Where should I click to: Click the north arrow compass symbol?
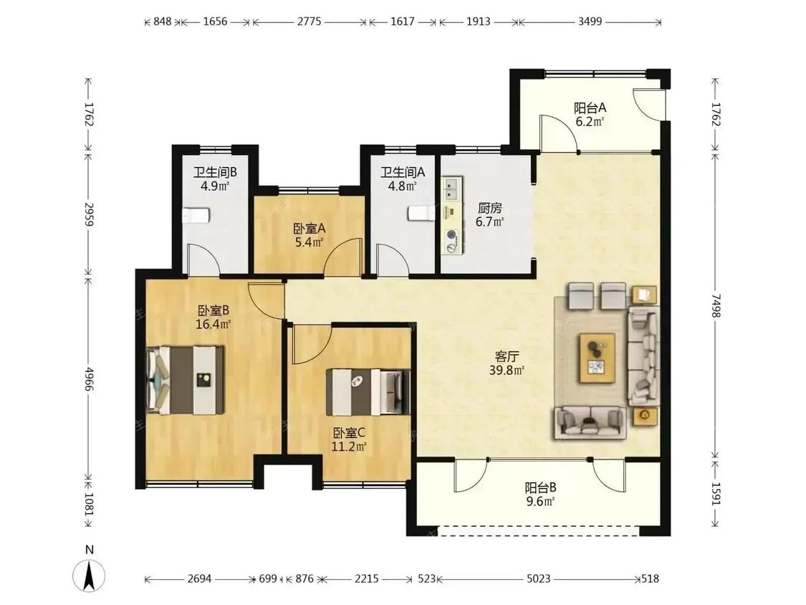point(89,573)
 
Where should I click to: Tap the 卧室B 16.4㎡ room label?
point(213,317)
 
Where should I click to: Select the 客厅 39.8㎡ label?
point(507,363)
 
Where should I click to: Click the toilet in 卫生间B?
point(196,216)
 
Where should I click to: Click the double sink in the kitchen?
point(452,189)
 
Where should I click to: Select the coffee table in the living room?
point(598,358)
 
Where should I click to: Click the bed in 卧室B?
point(186,380)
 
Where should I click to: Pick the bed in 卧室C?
point(368,392)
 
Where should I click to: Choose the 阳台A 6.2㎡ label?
point(590,114)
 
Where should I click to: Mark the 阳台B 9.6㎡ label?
point(540,494)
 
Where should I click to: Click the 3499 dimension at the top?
point(590,22)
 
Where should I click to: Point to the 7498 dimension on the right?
point(716,305)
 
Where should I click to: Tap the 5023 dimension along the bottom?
point(538,578)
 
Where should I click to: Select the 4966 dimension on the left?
point(89,378)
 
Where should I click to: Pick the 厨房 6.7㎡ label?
point(489,214)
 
